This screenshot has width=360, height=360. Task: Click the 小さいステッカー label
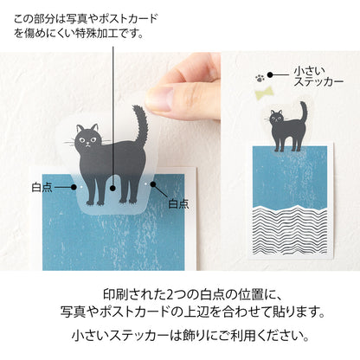(x=318, y=75)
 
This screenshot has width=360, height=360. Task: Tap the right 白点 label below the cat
(x=178, y=204)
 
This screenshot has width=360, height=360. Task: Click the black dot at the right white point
(x=152, y=184)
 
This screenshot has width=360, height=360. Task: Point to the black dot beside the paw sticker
(x=275, y=75)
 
